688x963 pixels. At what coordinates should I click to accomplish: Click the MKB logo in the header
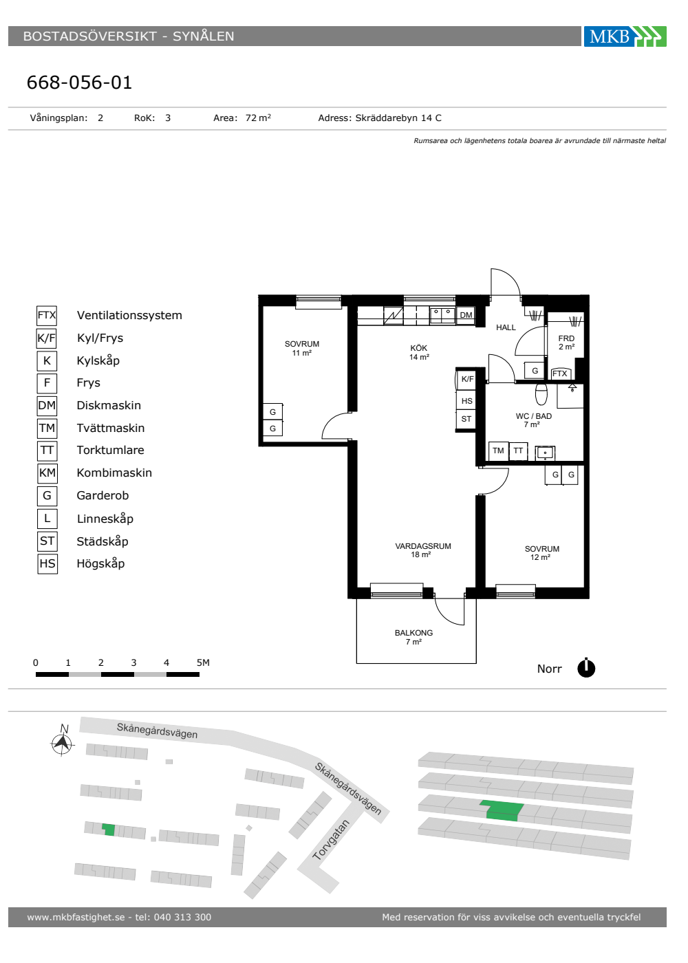coord(625,36)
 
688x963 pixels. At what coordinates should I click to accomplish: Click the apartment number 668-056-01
coord(79,82)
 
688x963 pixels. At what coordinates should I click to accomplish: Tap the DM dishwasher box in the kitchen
coord(466,315)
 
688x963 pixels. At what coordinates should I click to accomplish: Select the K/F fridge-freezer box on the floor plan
coord(467,379)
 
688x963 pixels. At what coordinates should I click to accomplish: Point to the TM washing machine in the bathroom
coord(498,451)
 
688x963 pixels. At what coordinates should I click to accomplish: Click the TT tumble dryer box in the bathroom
coord(518,451)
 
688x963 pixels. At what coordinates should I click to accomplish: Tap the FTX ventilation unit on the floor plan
coord(560,373)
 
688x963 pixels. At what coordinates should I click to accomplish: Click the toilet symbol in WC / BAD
coord(541,393)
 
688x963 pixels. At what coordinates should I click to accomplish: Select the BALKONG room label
coord(413,632)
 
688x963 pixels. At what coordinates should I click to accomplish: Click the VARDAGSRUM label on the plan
coord(423,546)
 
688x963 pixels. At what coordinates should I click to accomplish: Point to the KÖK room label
coord(418,348)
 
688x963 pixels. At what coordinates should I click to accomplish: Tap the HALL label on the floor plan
coord(506,327)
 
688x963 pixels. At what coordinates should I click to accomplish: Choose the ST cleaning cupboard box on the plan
coord(466,419)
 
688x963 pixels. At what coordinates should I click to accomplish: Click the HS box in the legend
coord(47,563)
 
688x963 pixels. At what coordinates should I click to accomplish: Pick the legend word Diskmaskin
coord(109,405)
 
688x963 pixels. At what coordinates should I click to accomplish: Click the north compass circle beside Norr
coord(586,668)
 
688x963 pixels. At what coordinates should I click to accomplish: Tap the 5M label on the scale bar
coord(203,662)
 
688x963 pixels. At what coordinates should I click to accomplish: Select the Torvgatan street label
coord(331,840)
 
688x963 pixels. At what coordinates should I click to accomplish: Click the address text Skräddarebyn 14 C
coord(398,118)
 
